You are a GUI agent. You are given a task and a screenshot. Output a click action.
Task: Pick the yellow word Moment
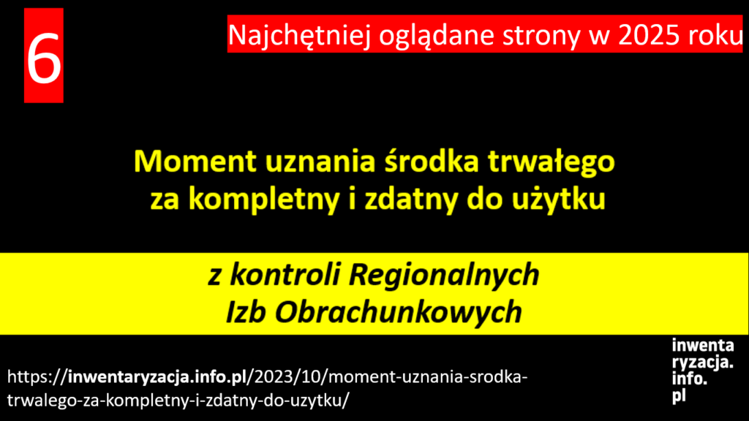click(x=195, y=162)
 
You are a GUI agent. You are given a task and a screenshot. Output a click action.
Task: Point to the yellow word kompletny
click(x=264, y=200)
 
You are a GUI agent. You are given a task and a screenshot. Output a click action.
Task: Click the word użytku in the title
click(x=558, y=200)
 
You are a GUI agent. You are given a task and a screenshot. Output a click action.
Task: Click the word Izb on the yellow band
click(x=246, y=311)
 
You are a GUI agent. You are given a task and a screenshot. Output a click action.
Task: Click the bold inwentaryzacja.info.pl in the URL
click(x=157, y=377)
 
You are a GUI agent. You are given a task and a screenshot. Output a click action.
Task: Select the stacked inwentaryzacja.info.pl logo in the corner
click(x=703, y=371)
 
